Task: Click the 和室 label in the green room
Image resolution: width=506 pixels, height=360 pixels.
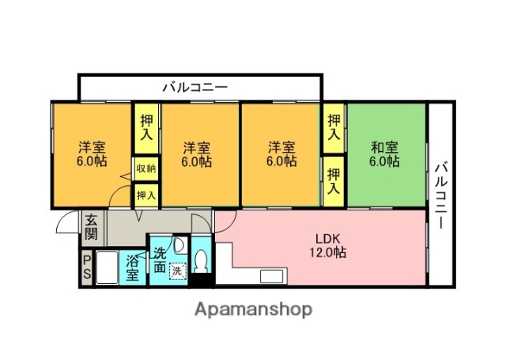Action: pos(385,146)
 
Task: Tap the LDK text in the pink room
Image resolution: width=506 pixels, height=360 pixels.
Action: pos(327,238)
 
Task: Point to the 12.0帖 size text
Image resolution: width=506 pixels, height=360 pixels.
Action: pos(327,253)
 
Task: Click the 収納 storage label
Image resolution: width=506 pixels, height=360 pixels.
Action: pos(145,169)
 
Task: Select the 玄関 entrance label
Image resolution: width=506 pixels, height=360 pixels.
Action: pos(92,227)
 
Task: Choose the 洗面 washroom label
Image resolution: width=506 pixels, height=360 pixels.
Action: pos(160,260)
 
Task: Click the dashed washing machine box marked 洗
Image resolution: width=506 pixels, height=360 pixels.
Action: pos(179,269)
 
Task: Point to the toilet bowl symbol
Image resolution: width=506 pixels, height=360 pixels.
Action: pos(202,260)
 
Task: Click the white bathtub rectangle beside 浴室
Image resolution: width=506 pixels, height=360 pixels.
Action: pos(108,268)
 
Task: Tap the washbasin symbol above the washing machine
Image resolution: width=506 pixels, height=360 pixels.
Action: pos(179,244)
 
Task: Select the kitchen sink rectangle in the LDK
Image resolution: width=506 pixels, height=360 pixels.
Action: pos(273,278)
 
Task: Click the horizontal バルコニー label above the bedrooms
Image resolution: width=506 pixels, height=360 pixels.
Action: pos(195,87)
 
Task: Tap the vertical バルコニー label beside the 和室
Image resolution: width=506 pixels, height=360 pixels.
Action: pos(441,195)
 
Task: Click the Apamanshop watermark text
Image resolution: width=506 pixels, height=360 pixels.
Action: pos(253,309)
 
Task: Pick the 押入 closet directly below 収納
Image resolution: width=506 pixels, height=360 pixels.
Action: pos(145,193)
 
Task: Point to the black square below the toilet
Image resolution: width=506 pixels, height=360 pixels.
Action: pos(202,279)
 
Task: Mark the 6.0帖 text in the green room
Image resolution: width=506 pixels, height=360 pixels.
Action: pos(385,161)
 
